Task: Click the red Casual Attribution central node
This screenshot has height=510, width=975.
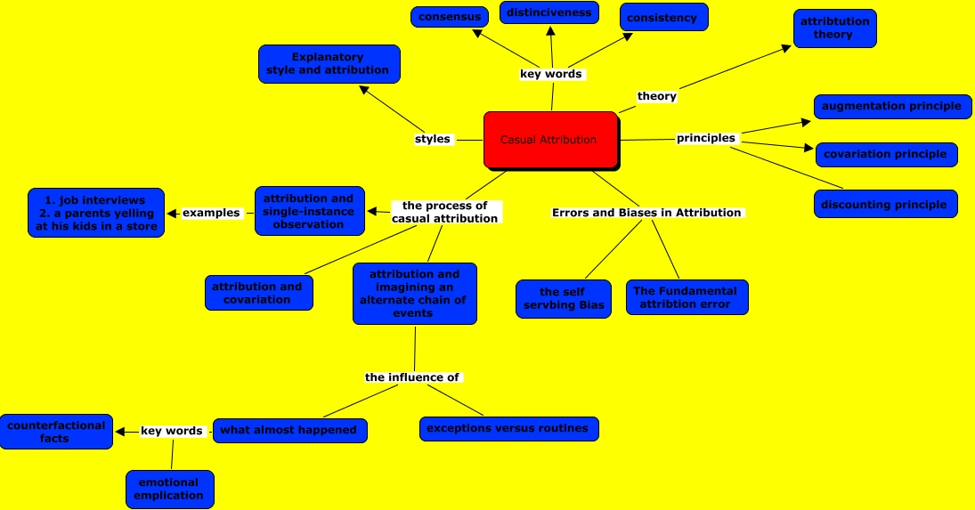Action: click(x=550, y=140)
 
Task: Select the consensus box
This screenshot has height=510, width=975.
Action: click(x=450, y=16)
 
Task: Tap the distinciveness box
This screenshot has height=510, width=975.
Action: click(x=548, y=13)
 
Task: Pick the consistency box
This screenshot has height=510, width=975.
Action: click(x=662, y=18)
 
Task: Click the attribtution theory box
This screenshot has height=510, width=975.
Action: click(x=834, y=28)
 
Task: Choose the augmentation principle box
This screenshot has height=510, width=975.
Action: click(x=891, y=106)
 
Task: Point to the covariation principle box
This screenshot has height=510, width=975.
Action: click(x=885, y=154)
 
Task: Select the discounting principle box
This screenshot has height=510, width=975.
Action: click(x=885, y=204)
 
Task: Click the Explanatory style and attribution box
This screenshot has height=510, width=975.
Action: click(x=328, y=64)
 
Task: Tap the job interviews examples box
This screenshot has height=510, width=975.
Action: click(x=96, y=213)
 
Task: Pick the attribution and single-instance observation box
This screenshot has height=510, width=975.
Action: click(x=309, y=211)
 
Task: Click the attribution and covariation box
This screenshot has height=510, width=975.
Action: click(x=257, y=293)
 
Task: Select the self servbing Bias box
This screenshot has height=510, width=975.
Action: click(x=563, y=298)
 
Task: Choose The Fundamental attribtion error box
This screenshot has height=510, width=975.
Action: click(x=686, y=297)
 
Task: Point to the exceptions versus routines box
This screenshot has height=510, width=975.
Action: click(x=508, y=428)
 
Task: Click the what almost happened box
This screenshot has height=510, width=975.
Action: click(x=288, y=430)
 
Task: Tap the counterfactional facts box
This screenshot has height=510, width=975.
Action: click(x=55, y=432)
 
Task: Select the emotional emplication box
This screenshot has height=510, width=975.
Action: click(x=169, y=490)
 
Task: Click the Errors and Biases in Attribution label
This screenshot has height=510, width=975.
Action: click(x=646, y=213)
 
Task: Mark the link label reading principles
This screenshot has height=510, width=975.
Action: click(x=706, y=138)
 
